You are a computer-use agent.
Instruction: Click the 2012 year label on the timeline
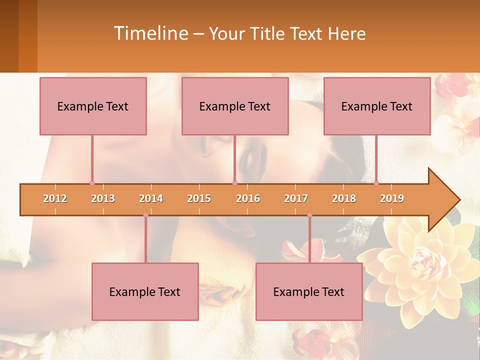[x=55, y=198]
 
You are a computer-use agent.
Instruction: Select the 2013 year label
[x=103, y=198]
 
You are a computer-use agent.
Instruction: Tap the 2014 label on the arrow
[x=151, y=198]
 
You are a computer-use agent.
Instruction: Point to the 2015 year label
[x=199, y=198]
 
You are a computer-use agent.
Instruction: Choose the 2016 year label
[x=248, y=198]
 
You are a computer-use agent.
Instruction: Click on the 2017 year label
[x=296, y=198]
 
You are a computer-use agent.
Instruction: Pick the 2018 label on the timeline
[x=344, y=198]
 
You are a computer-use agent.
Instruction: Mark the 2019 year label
[x=392, y=198]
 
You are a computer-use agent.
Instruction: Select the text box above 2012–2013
[x=93, y=106]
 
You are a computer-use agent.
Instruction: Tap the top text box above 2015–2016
[x=235, y=106]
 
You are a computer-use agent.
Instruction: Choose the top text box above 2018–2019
[x=377, y=106]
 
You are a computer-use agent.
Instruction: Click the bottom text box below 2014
[x=145, y=291]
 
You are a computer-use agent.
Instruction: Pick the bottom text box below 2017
[x=309, y=291]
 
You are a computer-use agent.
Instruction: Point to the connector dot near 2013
[x=92, y=183]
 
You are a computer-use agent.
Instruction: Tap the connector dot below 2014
[x=145, y=215]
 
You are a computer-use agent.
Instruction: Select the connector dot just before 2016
[x=234, y=183]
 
